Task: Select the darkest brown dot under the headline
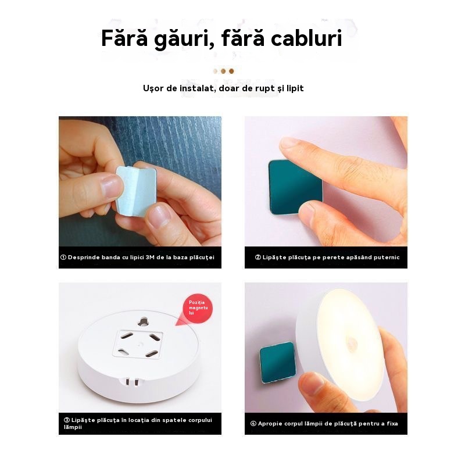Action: (231, 71)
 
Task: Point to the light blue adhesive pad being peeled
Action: (136, 191)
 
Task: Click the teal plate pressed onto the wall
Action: (295, 187)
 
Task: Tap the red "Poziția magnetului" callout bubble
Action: (198, 309)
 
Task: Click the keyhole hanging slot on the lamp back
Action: (144, 321)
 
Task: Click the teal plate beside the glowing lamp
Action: (277, 362)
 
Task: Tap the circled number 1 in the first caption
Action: (63, 257)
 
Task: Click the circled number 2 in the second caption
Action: (258, 257)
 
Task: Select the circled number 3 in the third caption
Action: (67, 420)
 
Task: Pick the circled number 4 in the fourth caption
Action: (253, 424)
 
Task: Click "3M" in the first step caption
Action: (150, 257)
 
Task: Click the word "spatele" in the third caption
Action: (173, 420)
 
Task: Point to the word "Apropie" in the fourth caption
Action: (270, 424)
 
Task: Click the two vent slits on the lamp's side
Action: (133, 382)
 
